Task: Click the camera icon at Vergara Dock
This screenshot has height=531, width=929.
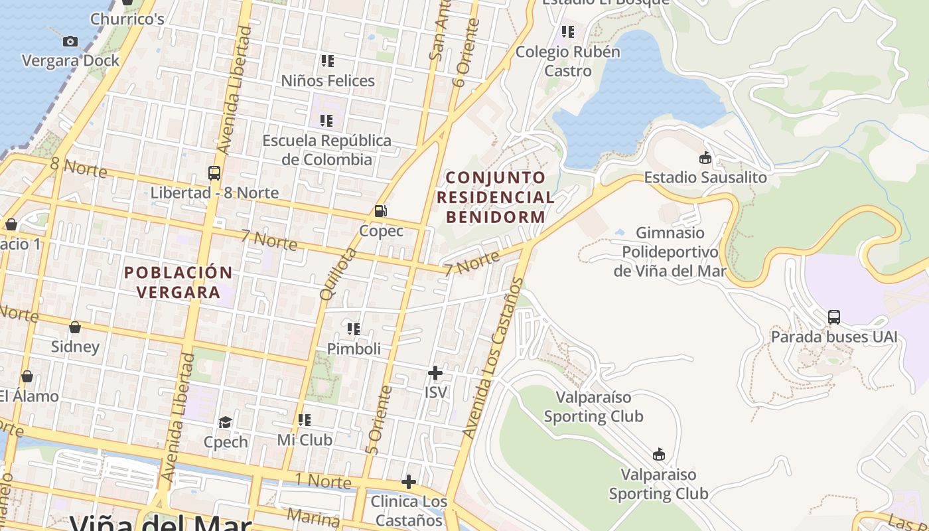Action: (70, 41)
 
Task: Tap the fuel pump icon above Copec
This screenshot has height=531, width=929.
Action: (381, 211)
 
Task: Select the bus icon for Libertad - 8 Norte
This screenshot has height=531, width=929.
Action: (214, 173)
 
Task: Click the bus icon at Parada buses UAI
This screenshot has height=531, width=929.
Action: (834, 317)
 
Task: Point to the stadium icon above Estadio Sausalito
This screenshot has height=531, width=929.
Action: (705, 158)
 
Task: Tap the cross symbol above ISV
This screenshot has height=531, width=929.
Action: (435, 373)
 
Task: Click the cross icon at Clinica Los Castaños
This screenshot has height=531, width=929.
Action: (409, 482)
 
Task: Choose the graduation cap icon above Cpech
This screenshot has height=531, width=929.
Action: (226, 422)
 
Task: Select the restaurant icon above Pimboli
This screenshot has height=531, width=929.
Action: (354, 329)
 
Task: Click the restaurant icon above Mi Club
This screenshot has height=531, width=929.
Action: (305, 420)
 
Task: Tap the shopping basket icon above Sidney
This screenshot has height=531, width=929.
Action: (75, 327)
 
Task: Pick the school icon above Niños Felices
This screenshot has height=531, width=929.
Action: (327, 61)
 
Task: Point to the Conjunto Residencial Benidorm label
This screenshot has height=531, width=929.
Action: (495, 197)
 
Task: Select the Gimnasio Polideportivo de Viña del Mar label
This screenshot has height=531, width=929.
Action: (670, 252)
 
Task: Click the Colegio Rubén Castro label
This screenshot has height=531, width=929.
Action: (568, 61)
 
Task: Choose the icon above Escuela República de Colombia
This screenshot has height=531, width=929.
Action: (326, 121)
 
